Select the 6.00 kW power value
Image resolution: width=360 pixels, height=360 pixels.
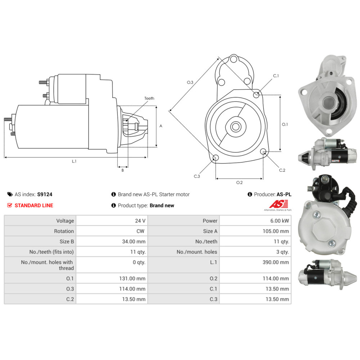click(280, 221)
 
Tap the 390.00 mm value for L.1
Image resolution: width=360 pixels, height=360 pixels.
click(276, 262)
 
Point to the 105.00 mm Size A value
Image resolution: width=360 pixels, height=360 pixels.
click(276, 231)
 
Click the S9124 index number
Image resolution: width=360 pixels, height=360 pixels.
click(45, 194)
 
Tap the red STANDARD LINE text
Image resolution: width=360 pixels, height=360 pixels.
click(33, 206)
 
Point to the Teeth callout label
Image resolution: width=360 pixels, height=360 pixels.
click(149, 98)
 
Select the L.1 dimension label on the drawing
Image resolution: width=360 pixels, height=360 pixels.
click(74, 161)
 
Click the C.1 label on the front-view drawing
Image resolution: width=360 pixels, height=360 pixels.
click(276, 76)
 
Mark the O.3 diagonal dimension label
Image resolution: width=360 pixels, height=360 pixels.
click(190, 82)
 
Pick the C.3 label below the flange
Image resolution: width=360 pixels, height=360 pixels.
click(197, 176)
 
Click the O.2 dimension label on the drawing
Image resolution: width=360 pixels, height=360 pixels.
click(239, 183)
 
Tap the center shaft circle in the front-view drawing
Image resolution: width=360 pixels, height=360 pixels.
click(236, 126)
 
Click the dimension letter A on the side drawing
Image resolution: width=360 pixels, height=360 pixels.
click(161, 126)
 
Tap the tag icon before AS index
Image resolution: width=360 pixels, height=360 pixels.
click(10, 194)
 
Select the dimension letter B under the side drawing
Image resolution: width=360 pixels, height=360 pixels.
click(122, 170)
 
